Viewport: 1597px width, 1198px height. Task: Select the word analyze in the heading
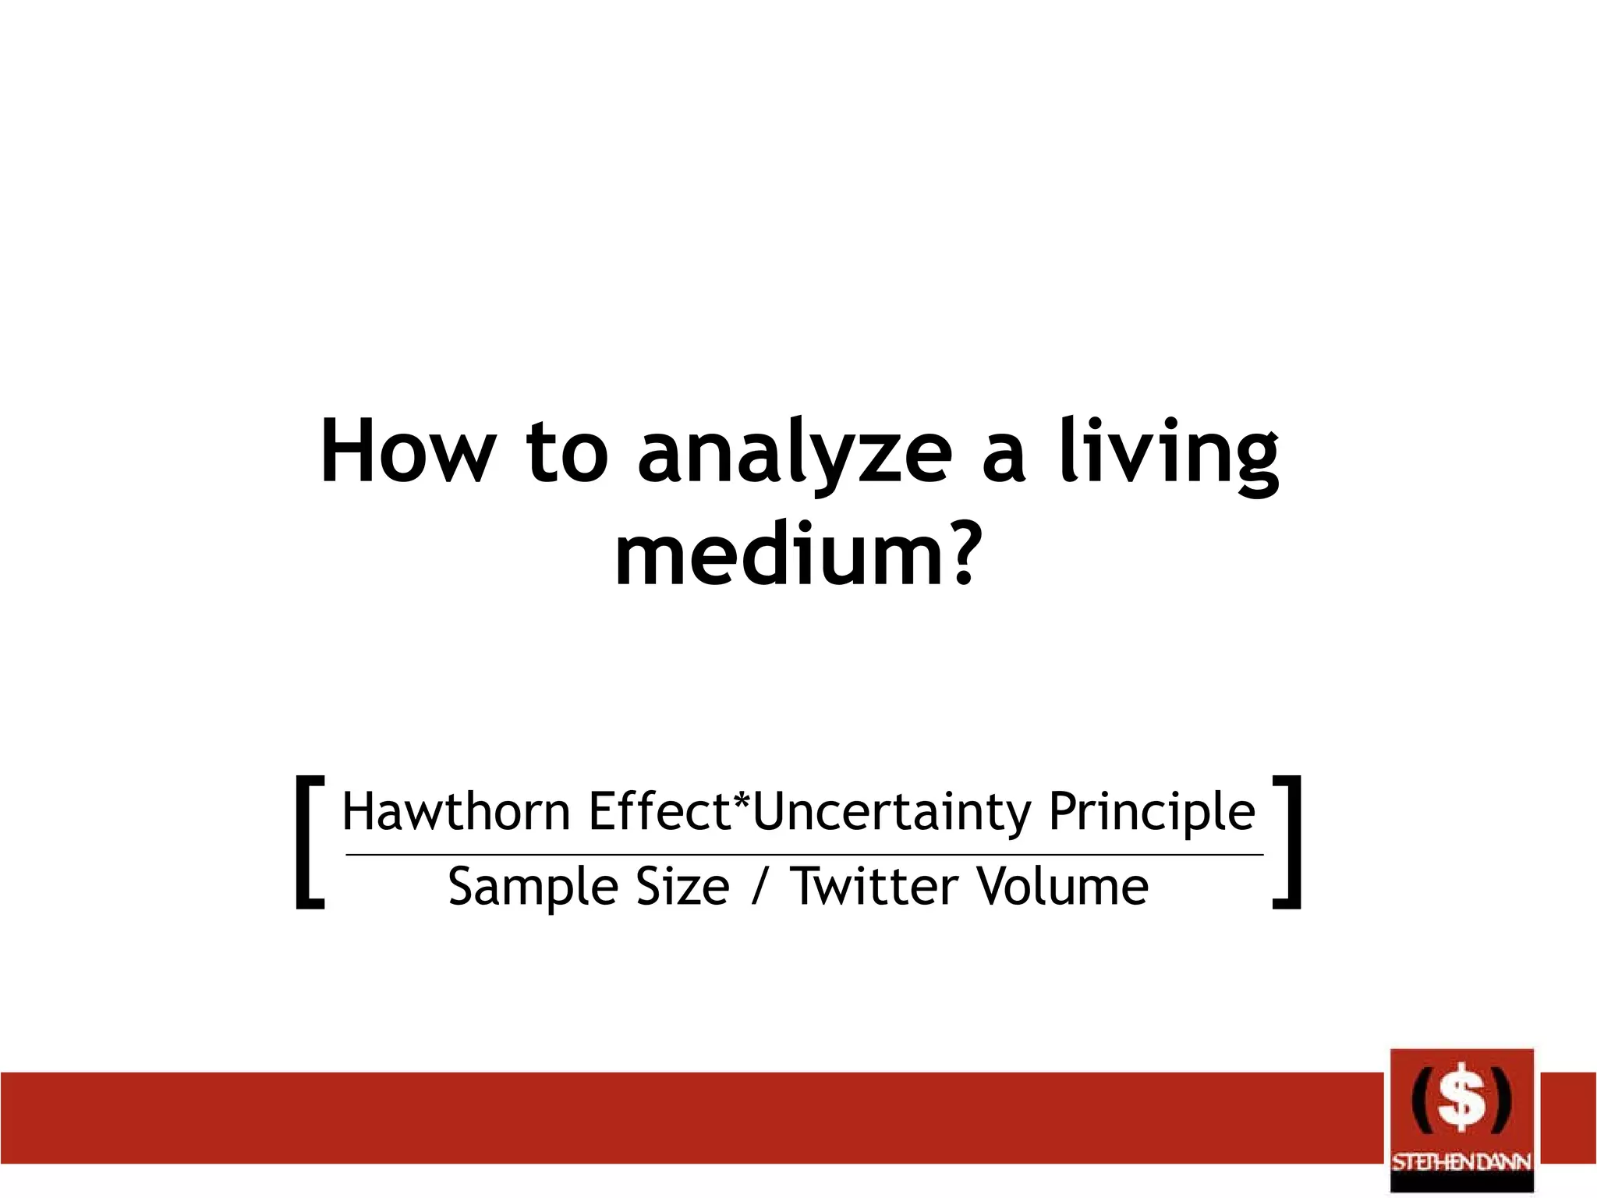pyautogui.click(x=795, y=456)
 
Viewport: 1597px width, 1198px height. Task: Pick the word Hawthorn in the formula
pyautogui.click(x=456, y=812)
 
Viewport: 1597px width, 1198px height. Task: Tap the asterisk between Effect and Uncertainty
pyautogui.click(x=741, y=803)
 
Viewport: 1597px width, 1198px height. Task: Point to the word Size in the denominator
pyautogui.click(x=682, y=887)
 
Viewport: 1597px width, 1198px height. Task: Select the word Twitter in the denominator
pyautogui.click(x=874, y=887)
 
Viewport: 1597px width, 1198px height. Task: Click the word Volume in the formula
pyautogui.click(x=1062, y=887)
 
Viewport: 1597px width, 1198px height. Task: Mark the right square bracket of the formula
pyautogui.click(x=1287, y=842)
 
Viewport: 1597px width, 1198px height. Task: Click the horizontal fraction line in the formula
pyautogui.click(x=803, y=855)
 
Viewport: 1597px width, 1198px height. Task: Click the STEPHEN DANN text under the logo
pyautogui.click(x=1461, y=1162)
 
